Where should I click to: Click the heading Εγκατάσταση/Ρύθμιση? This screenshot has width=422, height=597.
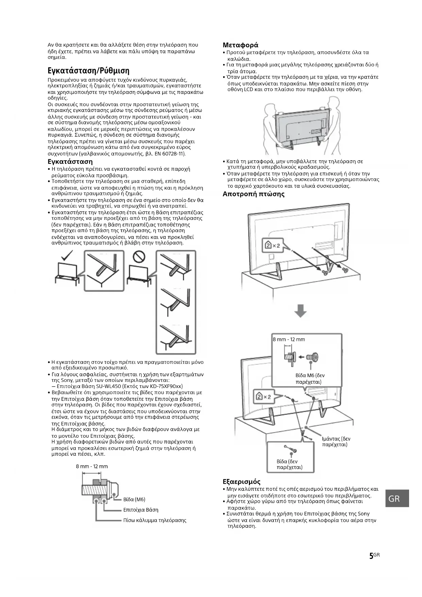[x=88, y=71]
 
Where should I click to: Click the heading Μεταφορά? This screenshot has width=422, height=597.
[x=240, y=45]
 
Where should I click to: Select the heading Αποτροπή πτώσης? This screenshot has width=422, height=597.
[x=253, y=194]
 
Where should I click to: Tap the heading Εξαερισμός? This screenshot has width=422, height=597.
[x=241, y=482]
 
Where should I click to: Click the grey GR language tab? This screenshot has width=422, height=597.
[x=397, y=499]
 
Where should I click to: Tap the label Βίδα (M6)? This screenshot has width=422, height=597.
[x=134, y=499]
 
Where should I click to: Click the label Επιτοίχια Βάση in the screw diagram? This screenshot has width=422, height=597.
[x=140, y=510]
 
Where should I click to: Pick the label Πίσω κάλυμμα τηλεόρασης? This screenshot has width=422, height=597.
[x=155, y=520]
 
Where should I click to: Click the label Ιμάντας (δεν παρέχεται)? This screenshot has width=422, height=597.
[x=336, y=441]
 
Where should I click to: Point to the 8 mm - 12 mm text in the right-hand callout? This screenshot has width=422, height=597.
[x=289, y=339]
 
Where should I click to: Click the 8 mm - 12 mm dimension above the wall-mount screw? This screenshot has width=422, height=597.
[x=92, y=466]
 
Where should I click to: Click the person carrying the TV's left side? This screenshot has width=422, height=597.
[x=269, y=126]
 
